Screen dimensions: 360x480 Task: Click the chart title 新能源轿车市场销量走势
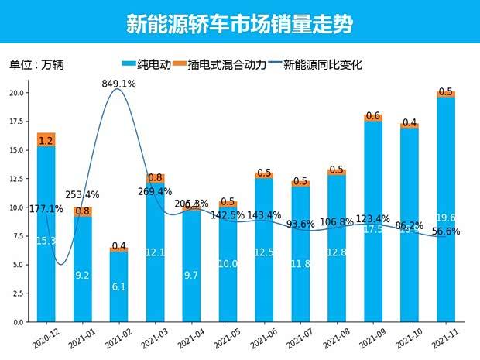pyautogui.click(x=239, y=24)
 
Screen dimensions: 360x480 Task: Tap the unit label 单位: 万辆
pyautogui.click(x=36, y=65)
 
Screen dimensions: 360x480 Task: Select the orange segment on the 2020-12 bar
pyautogui.click(x=46, y=139)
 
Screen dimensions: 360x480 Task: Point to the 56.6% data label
pyautogui.click(x=447, y=231)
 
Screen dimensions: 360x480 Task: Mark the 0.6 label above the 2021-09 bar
pyautogui.click(x=372, y=116)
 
